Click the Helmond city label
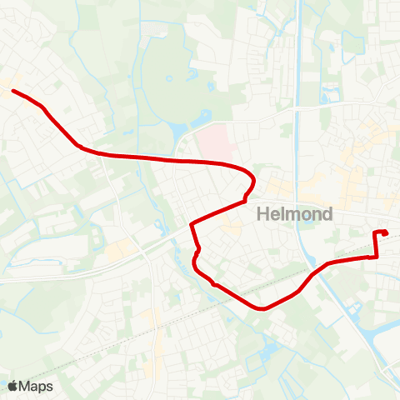pyautogui.click(x=295, y=214)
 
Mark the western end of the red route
pyautogui.click(x=12, y=91)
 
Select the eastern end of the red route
pyautogui.click(x=386, y=232)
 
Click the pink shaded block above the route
pyautogui.click(x=215, y=142)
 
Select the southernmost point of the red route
pyautogui.click(x=263, y=308)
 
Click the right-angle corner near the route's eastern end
pyautogui.click(x=375, y=257)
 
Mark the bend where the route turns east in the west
pyautogui.click(x=79, y=146)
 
